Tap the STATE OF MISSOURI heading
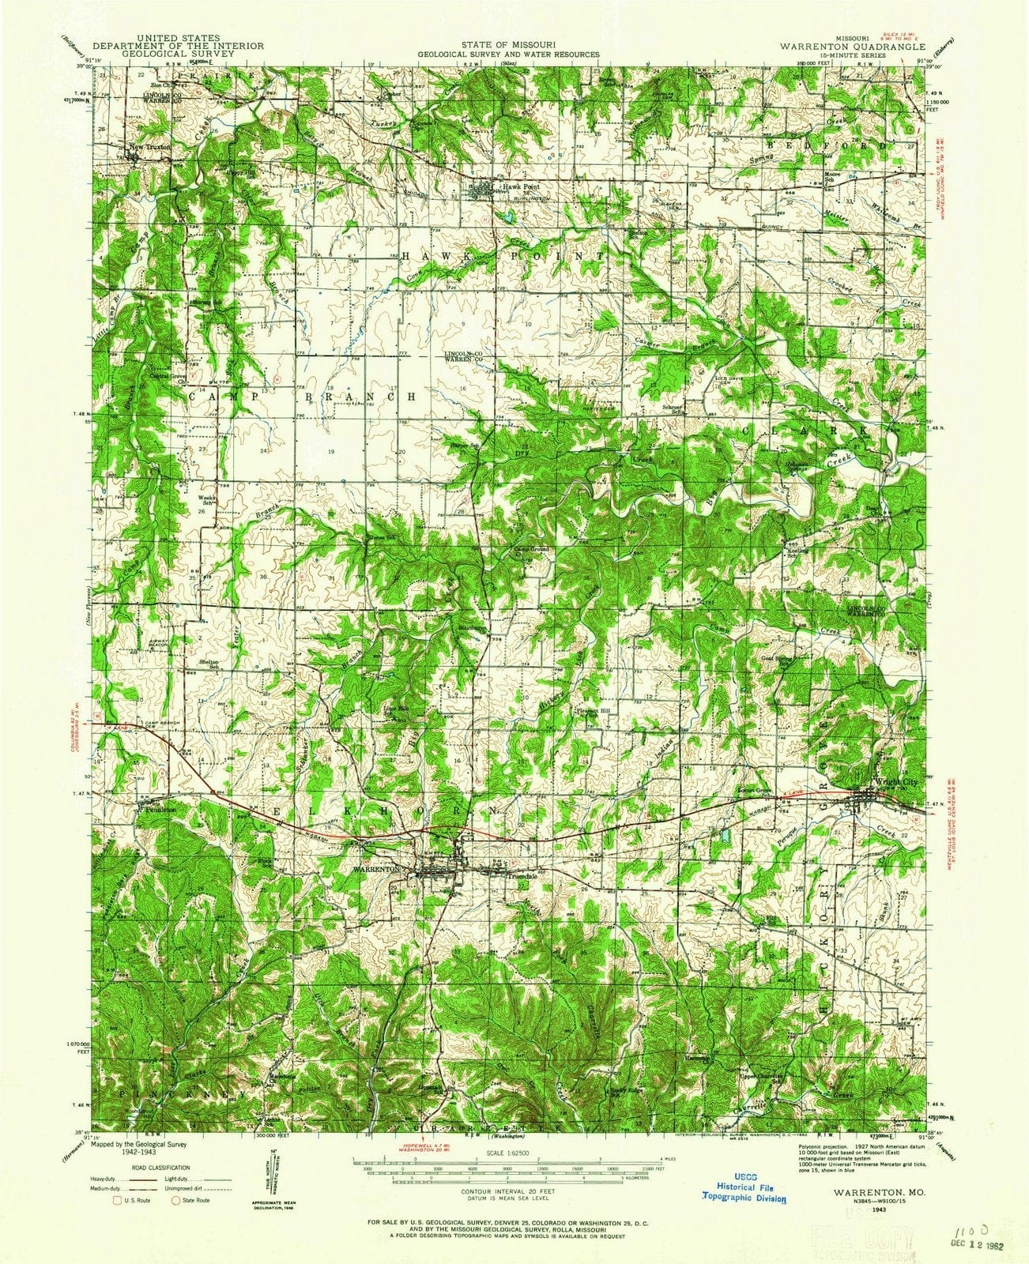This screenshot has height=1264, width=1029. tap(513, 46)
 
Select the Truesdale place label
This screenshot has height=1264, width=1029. tap(522, 875)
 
